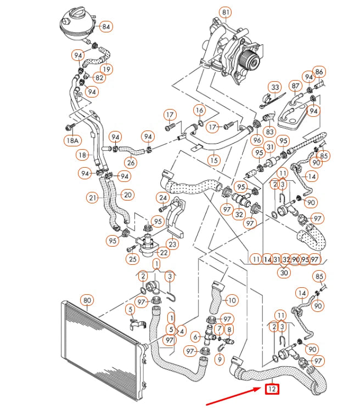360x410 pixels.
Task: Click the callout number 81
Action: (x=225, y=12)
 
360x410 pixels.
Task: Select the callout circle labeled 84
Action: (x=106, y=26)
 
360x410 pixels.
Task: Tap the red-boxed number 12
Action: (x=272, y=390)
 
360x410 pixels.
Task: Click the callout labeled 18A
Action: (x=73, y=141)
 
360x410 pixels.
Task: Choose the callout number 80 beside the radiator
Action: (x=87, y=300)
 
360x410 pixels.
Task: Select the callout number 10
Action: (x=232, y=300)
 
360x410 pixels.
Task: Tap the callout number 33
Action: (x=275, y=87)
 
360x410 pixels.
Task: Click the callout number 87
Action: (x=295, y=87)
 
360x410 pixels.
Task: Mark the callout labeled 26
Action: (x=130, y=162)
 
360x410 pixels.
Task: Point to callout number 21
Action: (x=93, y=197)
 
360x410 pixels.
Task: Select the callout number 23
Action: (x=173, y=244)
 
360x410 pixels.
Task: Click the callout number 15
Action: (x=213, y=160)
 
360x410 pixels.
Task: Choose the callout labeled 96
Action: (x=257, y=140)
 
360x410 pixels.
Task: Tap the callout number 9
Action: (x=220, y=360)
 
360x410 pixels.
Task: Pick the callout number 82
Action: (x=99, y=78)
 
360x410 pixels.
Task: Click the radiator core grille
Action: (x=102, y=339)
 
